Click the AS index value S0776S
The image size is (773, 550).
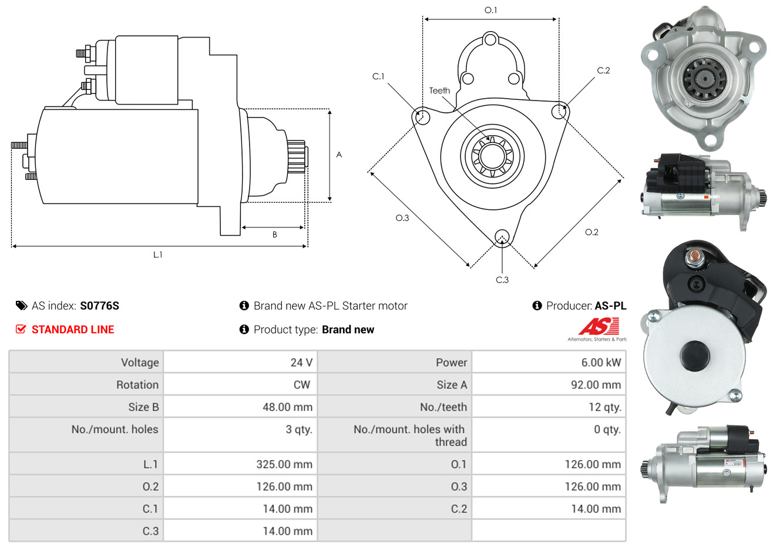tap(99, 306)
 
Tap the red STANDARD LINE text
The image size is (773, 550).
tap(72, 330)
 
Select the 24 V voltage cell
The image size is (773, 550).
tap(301, 363)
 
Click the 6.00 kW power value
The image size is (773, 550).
tap(600, 363)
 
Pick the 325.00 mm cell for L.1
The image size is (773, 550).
tap(284, 464)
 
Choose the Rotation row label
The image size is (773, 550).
tap(137, 385)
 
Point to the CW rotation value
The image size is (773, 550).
tap(301, 385)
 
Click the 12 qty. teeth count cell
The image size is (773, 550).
tap(604, 407)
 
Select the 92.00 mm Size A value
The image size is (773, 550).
tap(596, 385)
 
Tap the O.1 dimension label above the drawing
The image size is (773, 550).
tap(490, 10)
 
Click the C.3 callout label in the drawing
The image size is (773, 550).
tap(502, 280)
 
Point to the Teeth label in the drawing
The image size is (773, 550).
tap(439, 90)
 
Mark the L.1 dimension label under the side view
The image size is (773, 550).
tap(157, 254)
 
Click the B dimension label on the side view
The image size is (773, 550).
tap(274, 234)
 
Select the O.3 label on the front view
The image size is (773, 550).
tap(402, 218)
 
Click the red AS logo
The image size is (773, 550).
tap(599, 326)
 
